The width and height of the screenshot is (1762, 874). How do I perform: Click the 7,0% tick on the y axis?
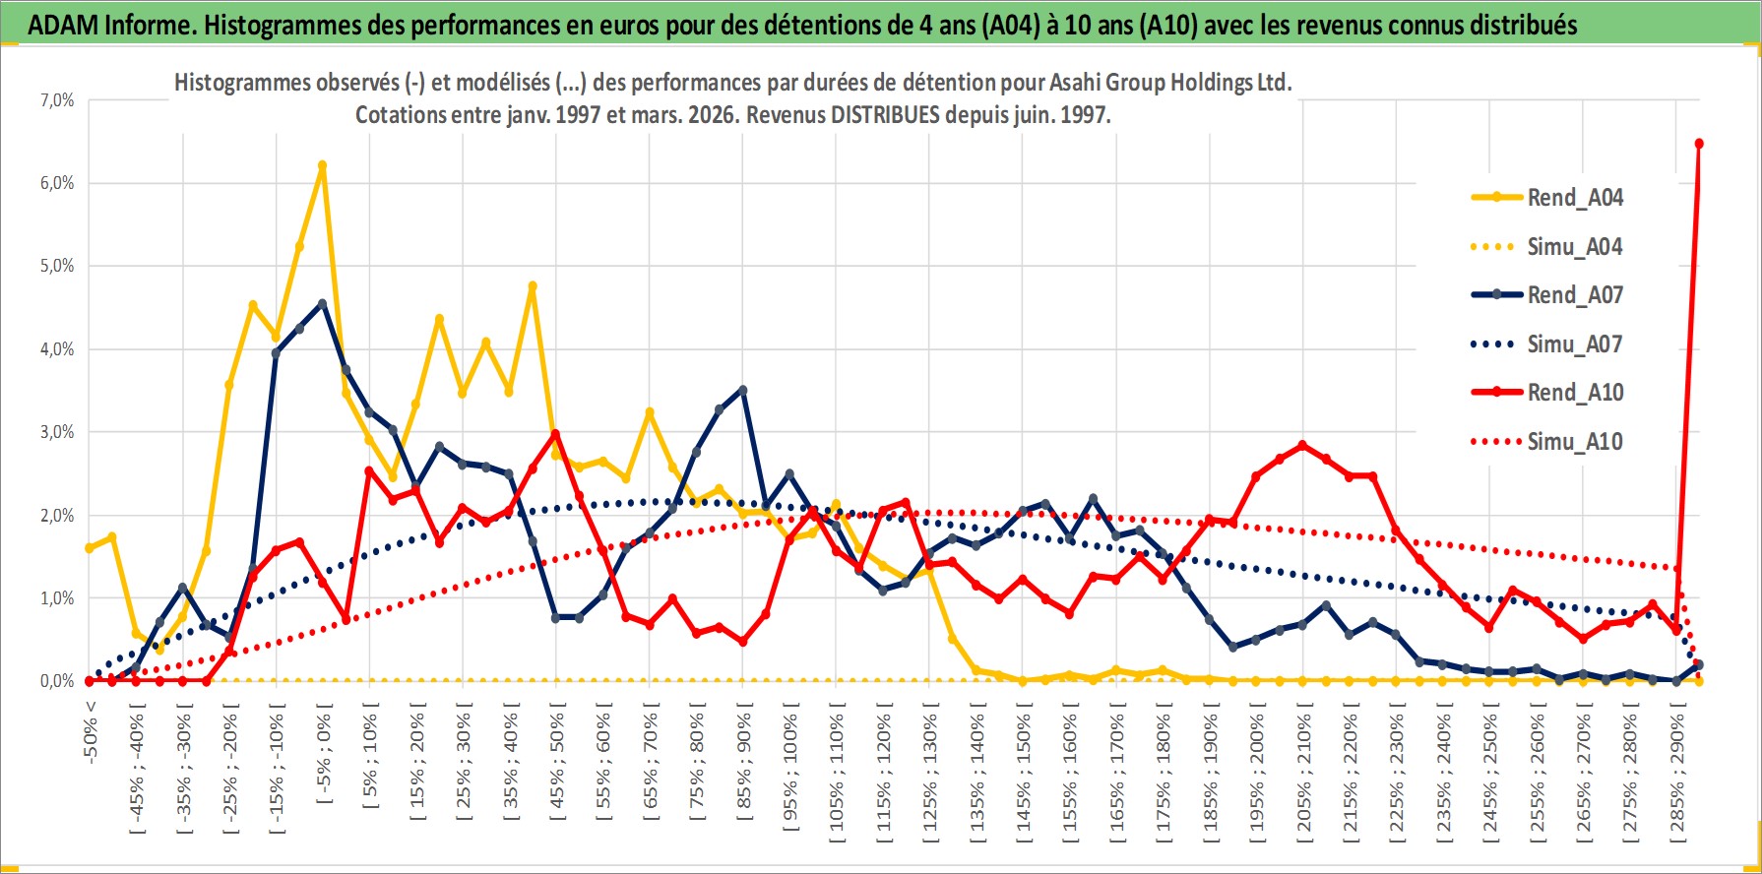[57, 100]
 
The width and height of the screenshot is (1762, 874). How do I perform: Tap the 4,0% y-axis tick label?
[57, 349]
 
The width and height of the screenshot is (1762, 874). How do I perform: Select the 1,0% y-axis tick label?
[57, 598]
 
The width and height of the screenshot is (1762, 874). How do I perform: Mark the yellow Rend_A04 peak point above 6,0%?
[322, 165]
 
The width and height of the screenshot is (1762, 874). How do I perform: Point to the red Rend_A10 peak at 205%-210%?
[1303, 445]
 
